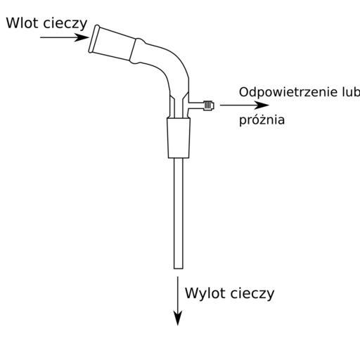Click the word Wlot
[22, 23]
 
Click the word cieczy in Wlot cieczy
[65, 24]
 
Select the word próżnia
[262, 120]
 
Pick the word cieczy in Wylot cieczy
[252, 294]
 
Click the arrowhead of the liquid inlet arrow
[82, 37]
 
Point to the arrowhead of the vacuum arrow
[262, 105]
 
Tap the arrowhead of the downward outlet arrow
[178, 318]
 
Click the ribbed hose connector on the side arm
[208, 105]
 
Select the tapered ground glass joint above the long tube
[179, 138]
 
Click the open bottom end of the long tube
[179, 268]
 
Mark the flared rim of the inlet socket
[94, 39]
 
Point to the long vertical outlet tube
[179, 213]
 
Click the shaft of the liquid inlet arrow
[58, 37]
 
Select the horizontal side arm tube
[196, 105]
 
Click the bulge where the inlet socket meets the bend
[139, 51]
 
